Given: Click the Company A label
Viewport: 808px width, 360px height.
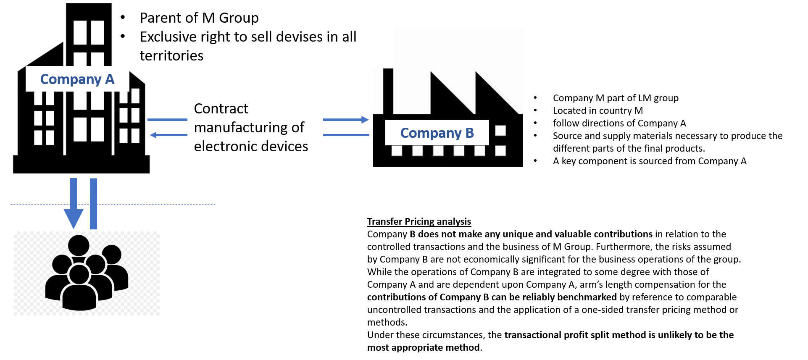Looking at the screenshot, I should (77, 79).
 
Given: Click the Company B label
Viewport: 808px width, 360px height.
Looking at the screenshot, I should (437, 133).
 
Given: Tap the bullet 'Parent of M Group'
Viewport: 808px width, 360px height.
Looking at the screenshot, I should (199, 18).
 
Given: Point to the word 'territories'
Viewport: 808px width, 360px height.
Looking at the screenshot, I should (171, 55).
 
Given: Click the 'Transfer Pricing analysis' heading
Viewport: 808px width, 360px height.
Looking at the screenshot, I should (419, 221).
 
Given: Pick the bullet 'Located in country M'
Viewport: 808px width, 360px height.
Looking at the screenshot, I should (597, 110).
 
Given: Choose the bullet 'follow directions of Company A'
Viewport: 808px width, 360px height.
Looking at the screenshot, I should (619, 123).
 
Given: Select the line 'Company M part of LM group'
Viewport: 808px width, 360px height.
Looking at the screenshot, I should (616, 98).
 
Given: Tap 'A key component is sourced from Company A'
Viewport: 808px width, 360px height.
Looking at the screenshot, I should (650, 161).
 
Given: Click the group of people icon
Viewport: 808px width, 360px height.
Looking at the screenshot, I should (87, 273).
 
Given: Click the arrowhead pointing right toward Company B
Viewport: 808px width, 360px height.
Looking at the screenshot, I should (365, 120).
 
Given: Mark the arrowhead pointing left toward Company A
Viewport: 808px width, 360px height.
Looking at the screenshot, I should (154, 135).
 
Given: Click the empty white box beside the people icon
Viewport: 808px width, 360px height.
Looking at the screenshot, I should (212, 246).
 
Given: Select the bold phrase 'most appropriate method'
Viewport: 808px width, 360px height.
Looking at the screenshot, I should (424, 347).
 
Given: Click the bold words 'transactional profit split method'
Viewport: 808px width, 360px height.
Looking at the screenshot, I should (575, 335).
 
